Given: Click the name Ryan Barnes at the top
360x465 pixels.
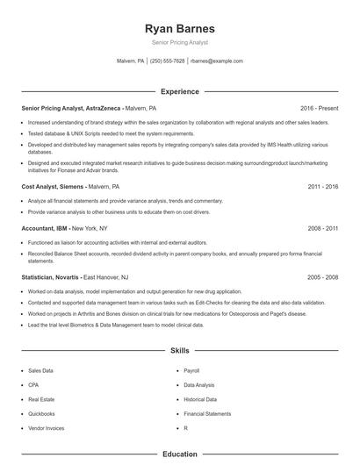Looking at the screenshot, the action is [x=179, y=27].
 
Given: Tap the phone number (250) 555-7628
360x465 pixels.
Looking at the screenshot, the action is [x=168, y=61].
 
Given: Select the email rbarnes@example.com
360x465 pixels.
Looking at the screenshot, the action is [x=216, y=61].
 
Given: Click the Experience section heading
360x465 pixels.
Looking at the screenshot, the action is [x=179, y=91].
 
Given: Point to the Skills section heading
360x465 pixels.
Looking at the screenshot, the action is [x=179, y=350].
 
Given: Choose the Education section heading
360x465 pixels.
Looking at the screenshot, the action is [x=179, y=454].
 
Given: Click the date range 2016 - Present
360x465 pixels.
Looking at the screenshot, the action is [x=319, y=108].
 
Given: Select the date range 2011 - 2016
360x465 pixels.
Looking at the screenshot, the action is [x=323, y=187].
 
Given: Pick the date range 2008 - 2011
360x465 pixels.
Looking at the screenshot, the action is [x=323, y=228].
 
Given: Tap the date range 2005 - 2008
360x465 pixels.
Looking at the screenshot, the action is [x=323, y=277].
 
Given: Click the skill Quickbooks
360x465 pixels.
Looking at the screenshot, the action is [x=41, y=413].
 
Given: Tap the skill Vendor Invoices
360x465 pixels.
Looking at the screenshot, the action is [x=46, y=427].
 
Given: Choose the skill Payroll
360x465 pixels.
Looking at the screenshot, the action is [x=191, y=371].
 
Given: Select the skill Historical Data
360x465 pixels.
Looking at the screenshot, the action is [x=199, y=399].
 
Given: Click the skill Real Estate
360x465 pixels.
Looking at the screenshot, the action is [x=40, y=399].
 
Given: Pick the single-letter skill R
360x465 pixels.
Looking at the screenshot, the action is [x=185, y=427].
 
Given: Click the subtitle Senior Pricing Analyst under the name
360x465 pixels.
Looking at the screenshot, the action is [x=179, y=42].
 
